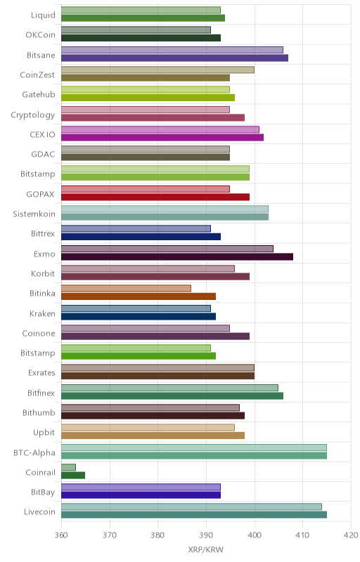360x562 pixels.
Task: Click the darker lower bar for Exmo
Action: (x=177, y=256)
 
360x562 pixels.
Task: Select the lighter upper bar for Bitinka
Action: (x=127, y=288)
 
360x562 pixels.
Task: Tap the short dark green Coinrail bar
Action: (x=73, y=476)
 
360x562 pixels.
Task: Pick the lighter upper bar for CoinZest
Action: (x=157, y=70)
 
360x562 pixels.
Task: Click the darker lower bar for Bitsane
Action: (x=174, y=58)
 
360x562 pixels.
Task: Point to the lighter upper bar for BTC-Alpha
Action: (x=194, y=447)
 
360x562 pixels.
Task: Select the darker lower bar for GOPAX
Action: (x=155, y=197)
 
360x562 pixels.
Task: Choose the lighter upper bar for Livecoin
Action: (x=191, y=507)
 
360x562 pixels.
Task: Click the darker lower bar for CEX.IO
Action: (x=162, y=137)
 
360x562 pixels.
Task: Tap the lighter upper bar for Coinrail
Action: (x=68, y=467)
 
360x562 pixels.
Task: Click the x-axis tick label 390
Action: (x=206, y=535)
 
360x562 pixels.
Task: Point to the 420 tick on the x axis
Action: (x=351, y=535)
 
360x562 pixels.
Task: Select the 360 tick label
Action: (x=61, y=535)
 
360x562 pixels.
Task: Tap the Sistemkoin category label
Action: (x=34, y=214)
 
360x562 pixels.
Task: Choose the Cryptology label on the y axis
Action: (x=33, y=115)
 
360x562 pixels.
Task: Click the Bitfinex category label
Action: (x=41, y=393)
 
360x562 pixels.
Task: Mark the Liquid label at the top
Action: (x=44, y=15)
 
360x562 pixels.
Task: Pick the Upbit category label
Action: (x=44, y=433)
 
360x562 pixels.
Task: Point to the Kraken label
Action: (x=43, y=313)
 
